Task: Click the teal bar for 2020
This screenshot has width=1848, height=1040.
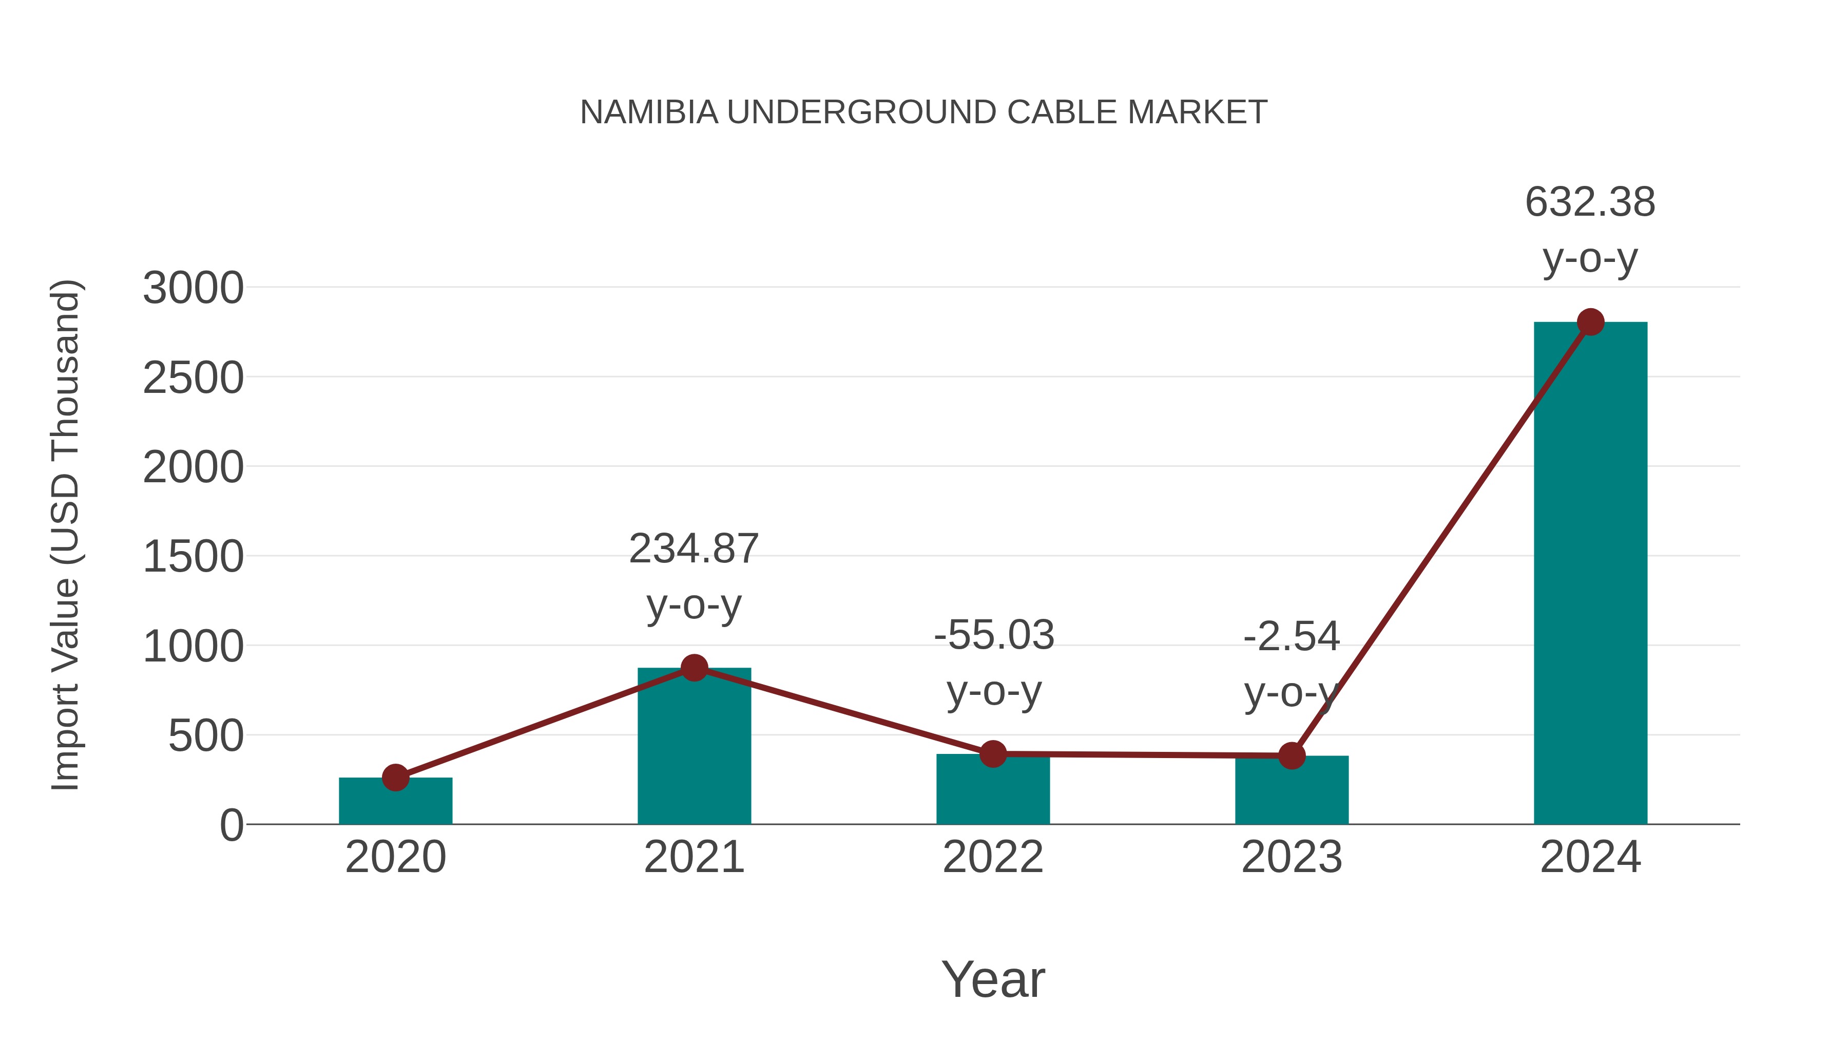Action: point(395,802)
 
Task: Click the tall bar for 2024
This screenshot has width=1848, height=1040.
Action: point(1590,574)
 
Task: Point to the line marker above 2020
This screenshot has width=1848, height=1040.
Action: point(395,778)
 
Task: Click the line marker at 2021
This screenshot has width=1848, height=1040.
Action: point(694,668)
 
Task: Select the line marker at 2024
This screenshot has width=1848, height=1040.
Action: point(1590,322)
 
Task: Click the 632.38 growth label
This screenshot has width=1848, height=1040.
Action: point(1590,202)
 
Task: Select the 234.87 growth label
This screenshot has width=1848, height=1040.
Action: point(694,549)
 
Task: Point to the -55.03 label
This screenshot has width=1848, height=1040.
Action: point(994,636)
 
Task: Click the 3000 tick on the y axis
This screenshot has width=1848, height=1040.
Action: point(193,289)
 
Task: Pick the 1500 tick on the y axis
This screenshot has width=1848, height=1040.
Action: point(193,557)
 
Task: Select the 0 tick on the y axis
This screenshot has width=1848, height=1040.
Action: point(231,825)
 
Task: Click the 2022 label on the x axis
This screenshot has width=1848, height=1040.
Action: point(992,857)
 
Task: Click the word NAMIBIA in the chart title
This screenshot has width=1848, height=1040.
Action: point(648,112)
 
